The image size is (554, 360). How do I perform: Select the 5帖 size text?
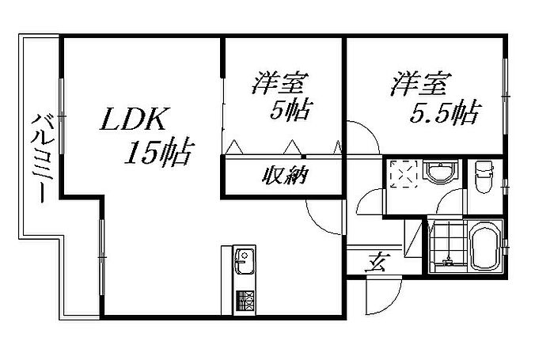click(x=287, y=111)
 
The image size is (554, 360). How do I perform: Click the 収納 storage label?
click(x=285, y=176)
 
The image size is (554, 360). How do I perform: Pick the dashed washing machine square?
click(x=404, y=174)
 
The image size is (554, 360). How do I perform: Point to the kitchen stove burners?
click(x=245, y=300)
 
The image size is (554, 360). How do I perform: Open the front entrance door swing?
click(x=381, y=298)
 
